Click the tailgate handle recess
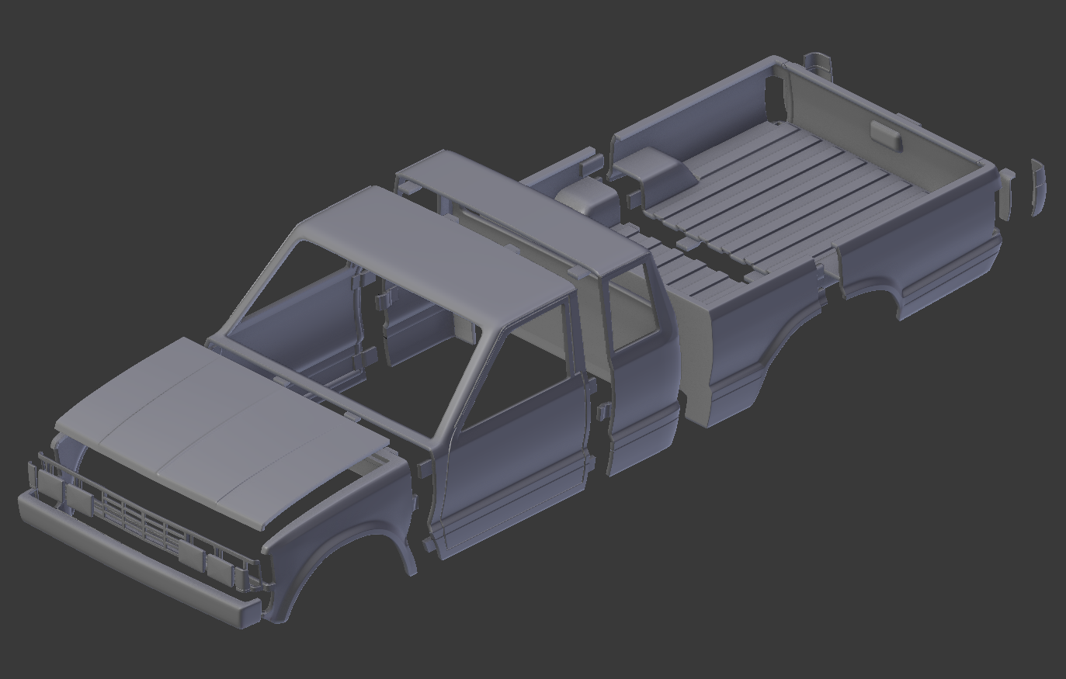pos(885,136)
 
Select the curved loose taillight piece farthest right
pos(1038,187)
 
